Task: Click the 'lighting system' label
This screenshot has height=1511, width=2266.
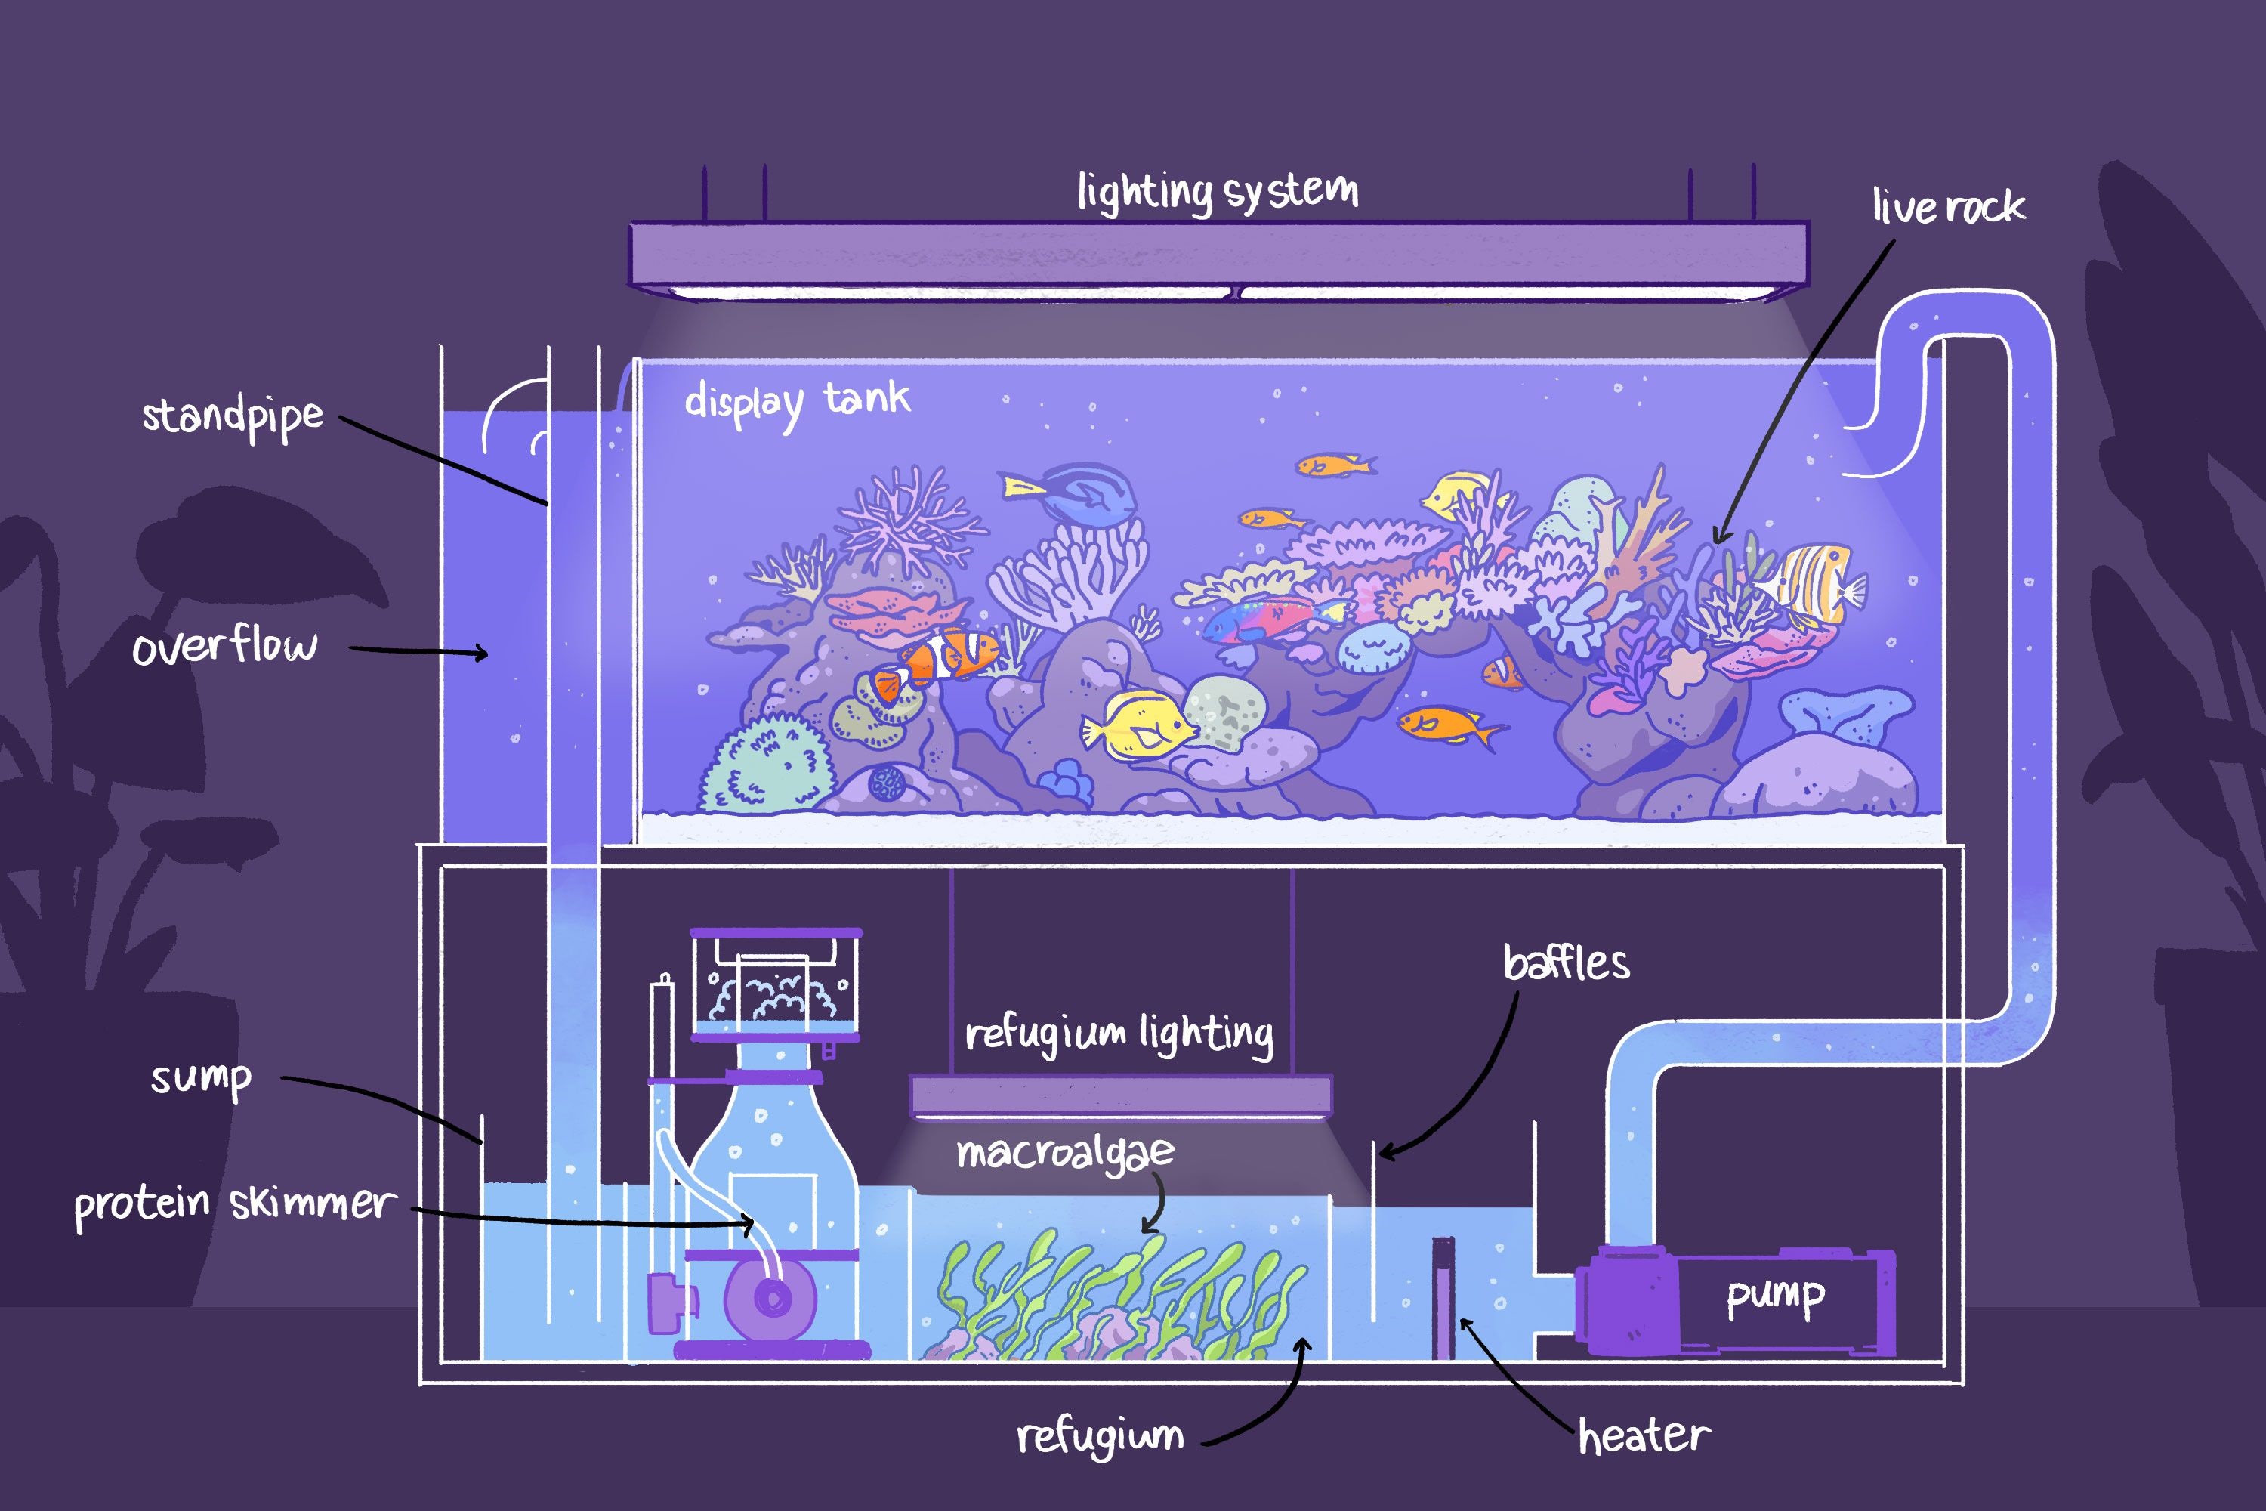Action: [1218, 191]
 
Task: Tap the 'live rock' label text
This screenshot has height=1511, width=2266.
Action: [1948, 206]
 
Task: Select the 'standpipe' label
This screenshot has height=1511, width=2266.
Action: [232, 417]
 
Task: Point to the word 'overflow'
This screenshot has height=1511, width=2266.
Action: [224, 646]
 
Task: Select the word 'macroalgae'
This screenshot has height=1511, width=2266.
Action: [1064, 1153]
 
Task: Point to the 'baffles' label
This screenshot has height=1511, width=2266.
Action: [1567, 963]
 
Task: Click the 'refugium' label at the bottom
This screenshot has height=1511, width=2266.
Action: [1099, 1437]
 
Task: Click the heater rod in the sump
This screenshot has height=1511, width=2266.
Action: [1442, 1297]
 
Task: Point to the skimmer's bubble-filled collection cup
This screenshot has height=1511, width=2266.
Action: [776, 985]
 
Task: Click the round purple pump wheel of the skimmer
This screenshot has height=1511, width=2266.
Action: [770, 1298]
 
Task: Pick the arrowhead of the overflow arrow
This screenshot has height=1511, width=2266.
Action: [480, 654]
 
